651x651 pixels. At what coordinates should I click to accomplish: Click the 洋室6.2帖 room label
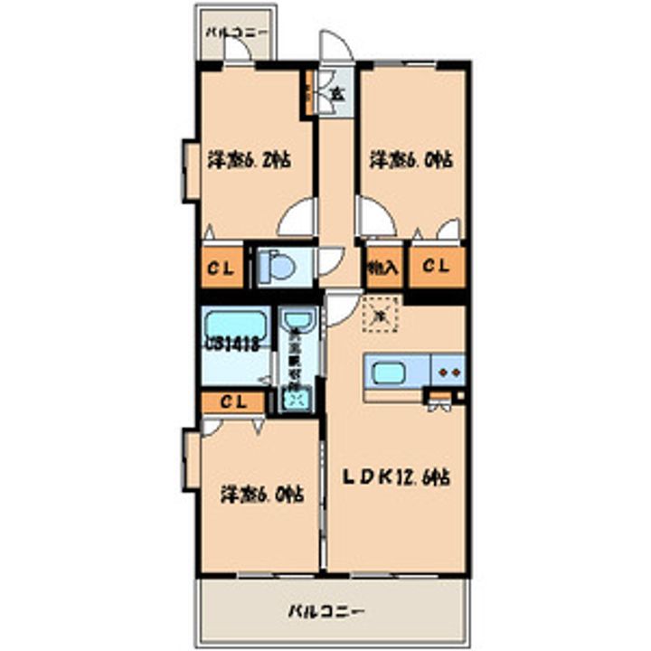[x=249, y=161]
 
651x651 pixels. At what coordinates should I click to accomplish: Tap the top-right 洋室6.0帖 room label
[x=410, y=161]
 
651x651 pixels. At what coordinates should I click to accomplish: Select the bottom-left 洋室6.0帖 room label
[x=262, y=495]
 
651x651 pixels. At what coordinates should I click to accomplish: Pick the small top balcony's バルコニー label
[x=235, y=33]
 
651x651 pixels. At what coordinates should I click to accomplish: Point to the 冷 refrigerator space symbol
[x=380, y=316]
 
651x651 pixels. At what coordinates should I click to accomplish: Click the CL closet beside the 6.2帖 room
[x=221, y=268]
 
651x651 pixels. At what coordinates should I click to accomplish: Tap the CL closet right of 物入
[x=437, y=268]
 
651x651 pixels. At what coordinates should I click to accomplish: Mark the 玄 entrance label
[x=336, y=92]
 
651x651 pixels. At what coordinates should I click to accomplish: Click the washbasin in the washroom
[x=297, y=321]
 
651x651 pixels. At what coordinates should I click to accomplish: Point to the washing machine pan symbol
[x=296, y=395]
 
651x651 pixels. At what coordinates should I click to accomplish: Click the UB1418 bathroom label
[x=233, y=344]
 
